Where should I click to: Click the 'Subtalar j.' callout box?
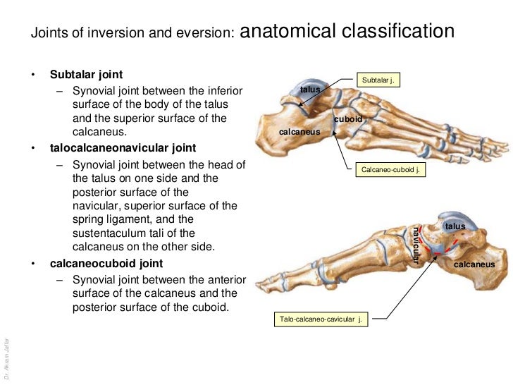[x=378, y=80]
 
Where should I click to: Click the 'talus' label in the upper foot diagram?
[x=310, y=90]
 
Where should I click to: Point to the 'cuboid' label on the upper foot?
[x=348, y=119]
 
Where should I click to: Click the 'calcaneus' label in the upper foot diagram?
[x=300, y=132]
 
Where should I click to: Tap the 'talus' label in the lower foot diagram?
[x=455, y=226]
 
